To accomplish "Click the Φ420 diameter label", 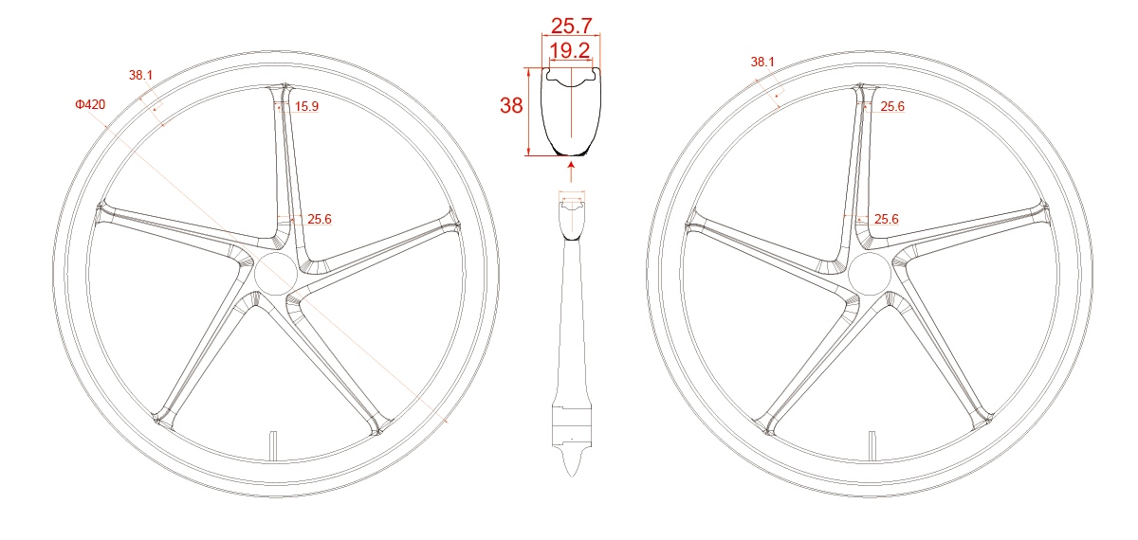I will point(90,104).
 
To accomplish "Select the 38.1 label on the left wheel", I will point(141,74).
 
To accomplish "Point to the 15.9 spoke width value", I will point(306,107).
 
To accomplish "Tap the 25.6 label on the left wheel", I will point(319,219).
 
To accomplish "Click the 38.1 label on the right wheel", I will point(762,62).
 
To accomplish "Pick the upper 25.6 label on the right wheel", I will point(892,107).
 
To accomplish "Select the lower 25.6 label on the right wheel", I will point(887,219).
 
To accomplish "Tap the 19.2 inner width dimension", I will point(572,50).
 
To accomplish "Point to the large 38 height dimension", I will point(511,106).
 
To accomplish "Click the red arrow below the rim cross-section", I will point(571,171).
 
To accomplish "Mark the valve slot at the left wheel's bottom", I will point(272,444).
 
